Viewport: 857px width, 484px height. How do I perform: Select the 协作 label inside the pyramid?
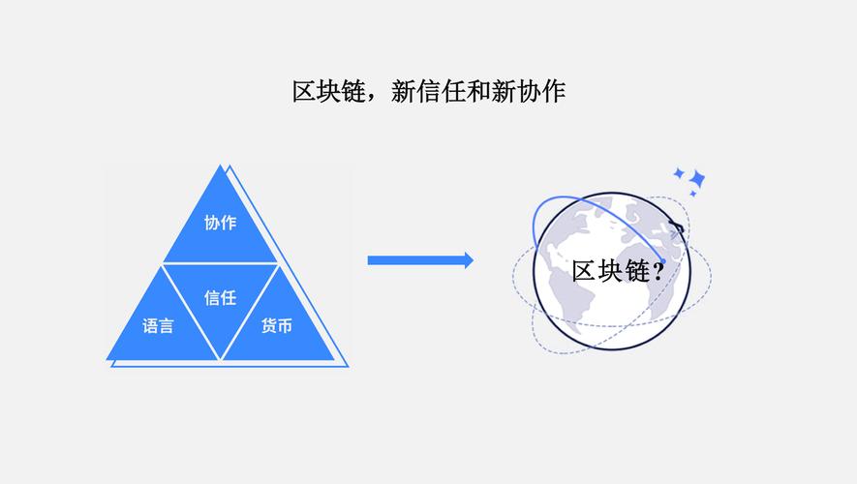pos(220,223)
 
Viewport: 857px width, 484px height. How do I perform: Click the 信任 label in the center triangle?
pos(220,298)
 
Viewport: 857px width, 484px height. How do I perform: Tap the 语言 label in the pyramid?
pos(159,326)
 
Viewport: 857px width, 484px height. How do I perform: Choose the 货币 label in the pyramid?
pos(276,326)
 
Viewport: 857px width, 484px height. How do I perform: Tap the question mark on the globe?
pos(658,271)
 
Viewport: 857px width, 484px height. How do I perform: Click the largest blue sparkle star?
pos(696,180)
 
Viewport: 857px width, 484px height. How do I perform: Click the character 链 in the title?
pos(351,92)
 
